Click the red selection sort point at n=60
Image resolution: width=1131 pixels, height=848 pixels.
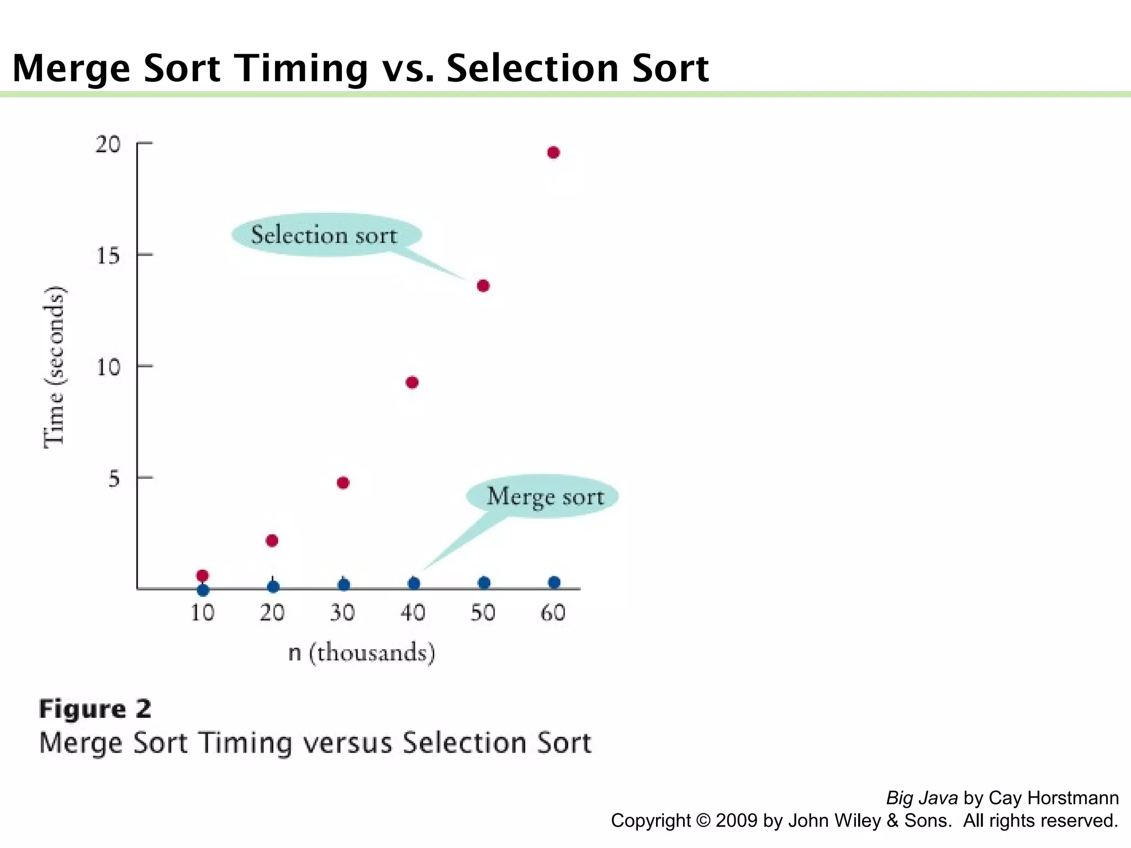(553, 153)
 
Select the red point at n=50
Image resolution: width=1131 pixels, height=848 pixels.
(483, 286)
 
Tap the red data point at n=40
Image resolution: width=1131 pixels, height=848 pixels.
(412, 383)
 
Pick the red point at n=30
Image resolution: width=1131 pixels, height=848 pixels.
(343, 483)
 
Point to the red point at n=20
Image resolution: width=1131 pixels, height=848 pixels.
(272, 540)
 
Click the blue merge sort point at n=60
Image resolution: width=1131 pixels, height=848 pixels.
(554, 582)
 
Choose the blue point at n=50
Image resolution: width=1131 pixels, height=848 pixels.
(484, 583)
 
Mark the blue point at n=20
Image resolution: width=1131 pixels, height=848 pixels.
(273, 586)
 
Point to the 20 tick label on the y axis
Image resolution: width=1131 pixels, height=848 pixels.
(108, 145)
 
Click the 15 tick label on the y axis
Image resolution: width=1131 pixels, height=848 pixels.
(108, 256)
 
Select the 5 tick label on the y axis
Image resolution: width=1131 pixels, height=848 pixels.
(114, 479)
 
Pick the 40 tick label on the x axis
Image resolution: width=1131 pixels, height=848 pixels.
(413, 613)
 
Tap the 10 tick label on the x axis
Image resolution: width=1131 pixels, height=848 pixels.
(203, 613)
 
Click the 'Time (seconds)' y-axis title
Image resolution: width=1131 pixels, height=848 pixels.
(54, 367)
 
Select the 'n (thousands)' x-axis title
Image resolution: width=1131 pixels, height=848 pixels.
(362, 653)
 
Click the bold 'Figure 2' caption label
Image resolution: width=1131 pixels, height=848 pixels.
(95, 709)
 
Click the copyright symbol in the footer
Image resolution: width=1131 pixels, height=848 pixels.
(704, 821)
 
